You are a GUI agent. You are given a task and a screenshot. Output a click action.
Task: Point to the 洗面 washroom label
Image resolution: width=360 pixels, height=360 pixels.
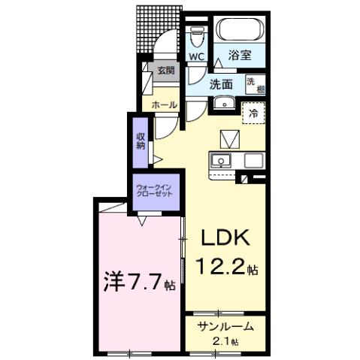coord(220,84)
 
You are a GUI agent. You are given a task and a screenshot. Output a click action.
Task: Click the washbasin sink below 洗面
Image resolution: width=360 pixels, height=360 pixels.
coord(225,104)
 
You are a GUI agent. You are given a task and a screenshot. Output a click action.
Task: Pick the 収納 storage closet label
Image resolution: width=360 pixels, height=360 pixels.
coord(141,140)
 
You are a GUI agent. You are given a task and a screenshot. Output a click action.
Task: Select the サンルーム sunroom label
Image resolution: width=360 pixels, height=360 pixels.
coord(225,328)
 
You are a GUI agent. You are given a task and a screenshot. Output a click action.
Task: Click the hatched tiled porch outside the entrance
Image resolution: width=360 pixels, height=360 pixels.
coord(159,28)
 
